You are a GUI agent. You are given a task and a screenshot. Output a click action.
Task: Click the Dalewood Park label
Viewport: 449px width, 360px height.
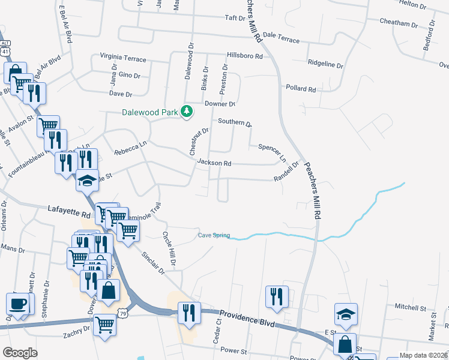coord(149,112)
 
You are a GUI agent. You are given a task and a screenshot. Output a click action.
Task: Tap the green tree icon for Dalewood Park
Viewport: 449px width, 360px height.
coord(187,111)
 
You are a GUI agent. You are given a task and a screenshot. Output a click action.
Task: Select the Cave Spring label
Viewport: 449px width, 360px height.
coord(214,235)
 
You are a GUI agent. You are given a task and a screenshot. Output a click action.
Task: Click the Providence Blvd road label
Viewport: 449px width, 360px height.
coord(247,319)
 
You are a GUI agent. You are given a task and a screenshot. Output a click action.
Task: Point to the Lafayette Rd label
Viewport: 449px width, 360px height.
coord(69,211)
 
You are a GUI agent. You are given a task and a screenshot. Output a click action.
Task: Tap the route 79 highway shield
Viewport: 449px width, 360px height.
coord(123,313)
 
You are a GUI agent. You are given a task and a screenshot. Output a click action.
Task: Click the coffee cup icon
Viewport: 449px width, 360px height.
coord(17,304)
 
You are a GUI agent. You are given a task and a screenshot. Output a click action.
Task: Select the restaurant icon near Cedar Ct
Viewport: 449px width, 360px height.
coord(277,296)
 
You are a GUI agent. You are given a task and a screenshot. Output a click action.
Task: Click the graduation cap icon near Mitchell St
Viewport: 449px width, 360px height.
coord(345,314)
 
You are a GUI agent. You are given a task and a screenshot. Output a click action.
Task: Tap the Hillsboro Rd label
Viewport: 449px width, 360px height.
coord(245,56)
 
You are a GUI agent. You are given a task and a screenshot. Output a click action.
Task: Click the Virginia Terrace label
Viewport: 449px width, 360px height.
coord(123,59)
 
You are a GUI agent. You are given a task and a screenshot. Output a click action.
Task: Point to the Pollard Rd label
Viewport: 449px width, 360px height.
coord(301,89)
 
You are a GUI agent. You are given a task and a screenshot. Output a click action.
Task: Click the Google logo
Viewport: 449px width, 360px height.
coord(20,352)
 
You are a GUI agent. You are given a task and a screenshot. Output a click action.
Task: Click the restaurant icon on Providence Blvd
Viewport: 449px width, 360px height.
coord(189,313)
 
